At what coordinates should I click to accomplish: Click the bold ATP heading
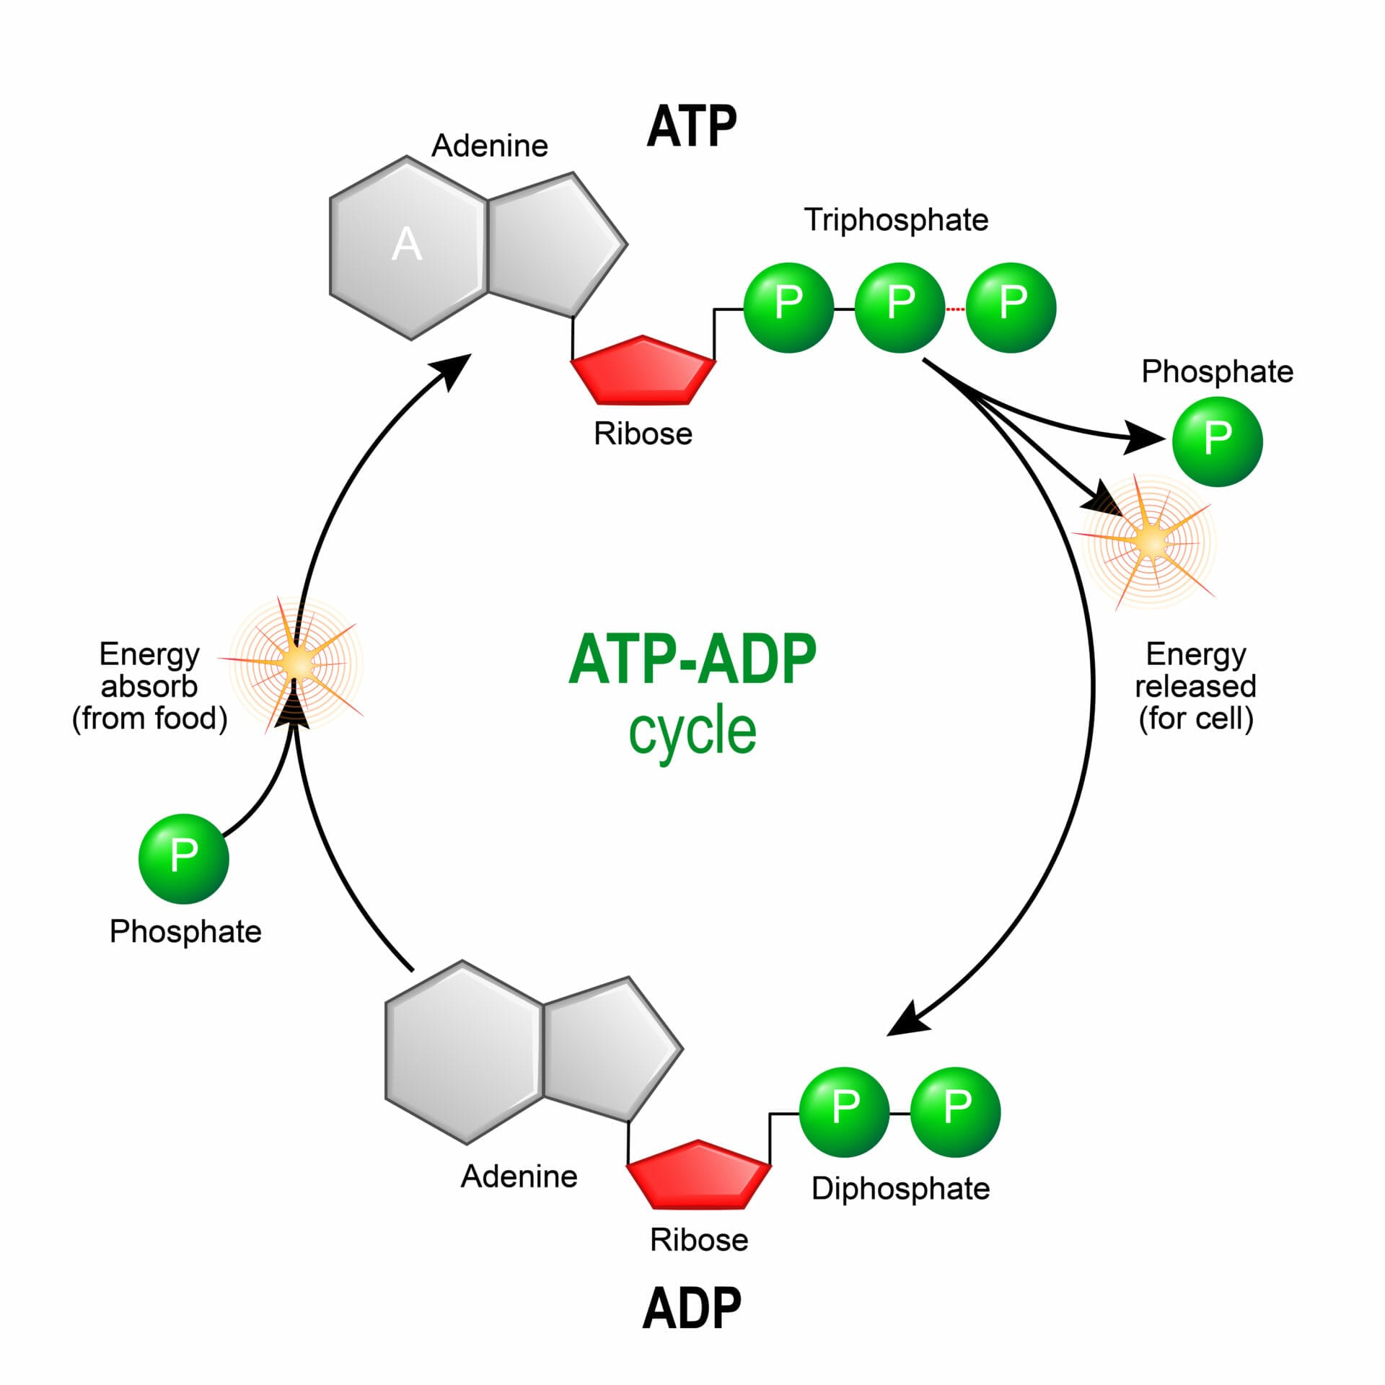pos(691,127)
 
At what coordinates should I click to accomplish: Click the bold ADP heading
pos(691,1308)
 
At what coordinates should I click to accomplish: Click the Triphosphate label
pos(896,220)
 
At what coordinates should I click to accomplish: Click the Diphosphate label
pos(900,1188)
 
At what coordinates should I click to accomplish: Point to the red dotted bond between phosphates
pos(955,309)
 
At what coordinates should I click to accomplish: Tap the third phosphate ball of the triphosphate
pos(1011,307)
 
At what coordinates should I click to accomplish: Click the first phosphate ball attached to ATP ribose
pos(788,307)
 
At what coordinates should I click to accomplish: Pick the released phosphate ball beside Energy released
pos(1217,441)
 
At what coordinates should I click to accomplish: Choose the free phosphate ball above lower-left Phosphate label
pos(183,858)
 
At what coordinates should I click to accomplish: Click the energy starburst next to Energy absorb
pos(296,663)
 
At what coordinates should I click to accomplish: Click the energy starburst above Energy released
pos(1150,541)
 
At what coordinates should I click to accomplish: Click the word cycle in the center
pos(692,731)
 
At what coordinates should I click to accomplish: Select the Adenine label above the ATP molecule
pos(490,146)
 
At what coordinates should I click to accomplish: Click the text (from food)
pos(149,718)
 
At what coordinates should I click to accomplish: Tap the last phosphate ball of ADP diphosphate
pos(955,1112)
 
